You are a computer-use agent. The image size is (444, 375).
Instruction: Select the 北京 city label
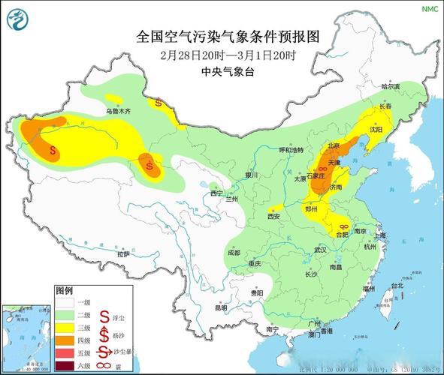(x=332, y=145)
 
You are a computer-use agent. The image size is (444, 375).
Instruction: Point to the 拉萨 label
(x=124, y=255)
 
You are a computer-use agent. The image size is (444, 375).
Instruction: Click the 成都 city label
(x=234, y=253)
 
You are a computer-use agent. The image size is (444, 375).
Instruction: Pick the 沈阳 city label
(x=376, y=129)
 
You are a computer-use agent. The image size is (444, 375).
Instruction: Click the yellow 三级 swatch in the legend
(x=64, y=327)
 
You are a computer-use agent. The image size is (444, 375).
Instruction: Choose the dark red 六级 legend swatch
(x=64, y=365)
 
